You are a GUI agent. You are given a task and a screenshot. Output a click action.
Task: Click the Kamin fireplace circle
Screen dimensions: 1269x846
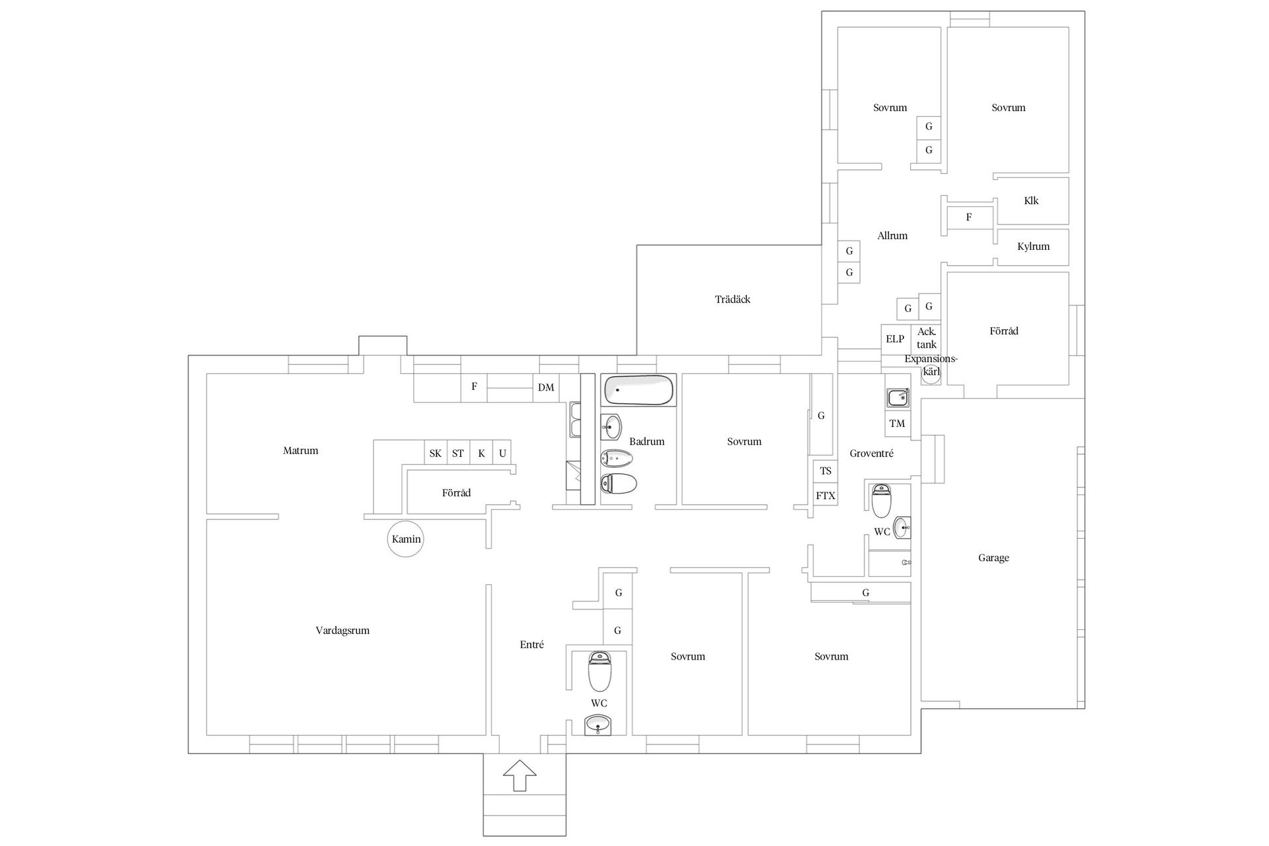405,539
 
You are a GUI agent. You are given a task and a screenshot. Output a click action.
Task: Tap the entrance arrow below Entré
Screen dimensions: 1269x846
519,775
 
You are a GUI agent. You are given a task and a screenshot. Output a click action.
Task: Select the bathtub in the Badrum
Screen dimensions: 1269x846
638,390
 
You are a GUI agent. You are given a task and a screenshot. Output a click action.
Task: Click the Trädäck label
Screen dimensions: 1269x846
732,299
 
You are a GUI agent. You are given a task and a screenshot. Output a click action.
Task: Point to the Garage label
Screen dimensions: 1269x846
993,558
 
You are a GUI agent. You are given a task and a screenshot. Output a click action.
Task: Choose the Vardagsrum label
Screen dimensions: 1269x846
342,631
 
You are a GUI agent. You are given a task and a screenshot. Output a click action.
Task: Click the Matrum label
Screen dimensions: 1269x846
301,451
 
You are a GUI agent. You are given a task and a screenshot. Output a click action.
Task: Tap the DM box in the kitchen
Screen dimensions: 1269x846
546,387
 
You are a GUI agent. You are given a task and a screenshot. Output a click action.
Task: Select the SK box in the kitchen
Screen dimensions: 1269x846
436,453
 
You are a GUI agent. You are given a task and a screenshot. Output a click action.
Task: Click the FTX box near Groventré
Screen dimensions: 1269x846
826,495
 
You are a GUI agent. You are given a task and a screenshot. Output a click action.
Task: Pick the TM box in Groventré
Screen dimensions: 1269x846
897,424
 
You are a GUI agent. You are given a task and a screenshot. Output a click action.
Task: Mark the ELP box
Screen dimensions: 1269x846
896,339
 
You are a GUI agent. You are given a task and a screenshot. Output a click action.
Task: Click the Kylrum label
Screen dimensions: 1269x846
1033,247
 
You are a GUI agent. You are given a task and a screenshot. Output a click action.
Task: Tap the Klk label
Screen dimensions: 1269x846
1031,201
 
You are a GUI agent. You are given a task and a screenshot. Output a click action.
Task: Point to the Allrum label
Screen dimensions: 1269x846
892,236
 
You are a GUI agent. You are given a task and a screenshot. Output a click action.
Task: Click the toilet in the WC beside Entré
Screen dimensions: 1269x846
599,671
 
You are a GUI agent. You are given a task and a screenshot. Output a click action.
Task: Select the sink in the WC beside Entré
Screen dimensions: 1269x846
598,725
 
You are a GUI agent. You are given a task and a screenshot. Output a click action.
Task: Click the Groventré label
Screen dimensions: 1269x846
871,453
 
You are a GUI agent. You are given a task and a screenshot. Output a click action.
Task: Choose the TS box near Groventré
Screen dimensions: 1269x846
826,471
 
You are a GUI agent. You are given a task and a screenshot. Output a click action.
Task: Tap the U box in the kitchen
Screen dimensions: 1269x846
502,453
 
